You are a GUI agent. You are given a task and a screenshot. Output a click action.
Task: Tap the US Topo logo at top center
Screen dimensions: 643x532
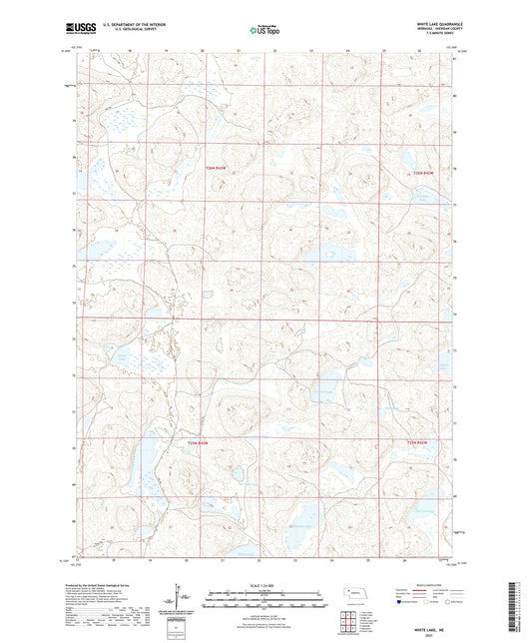click(x=265, y=29)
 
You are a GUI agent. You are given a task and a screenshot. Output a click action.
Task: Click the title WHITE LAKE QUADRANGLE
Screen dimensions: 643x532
click(x=433, y=22)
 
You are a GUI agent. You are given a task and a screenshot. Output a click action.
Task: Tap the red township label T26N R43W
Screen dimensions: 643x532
click(x=216, y=167)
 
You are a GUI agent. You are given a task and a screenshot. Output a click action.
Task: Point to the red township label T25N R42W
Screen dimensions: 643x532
click(x=422, y=441)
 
